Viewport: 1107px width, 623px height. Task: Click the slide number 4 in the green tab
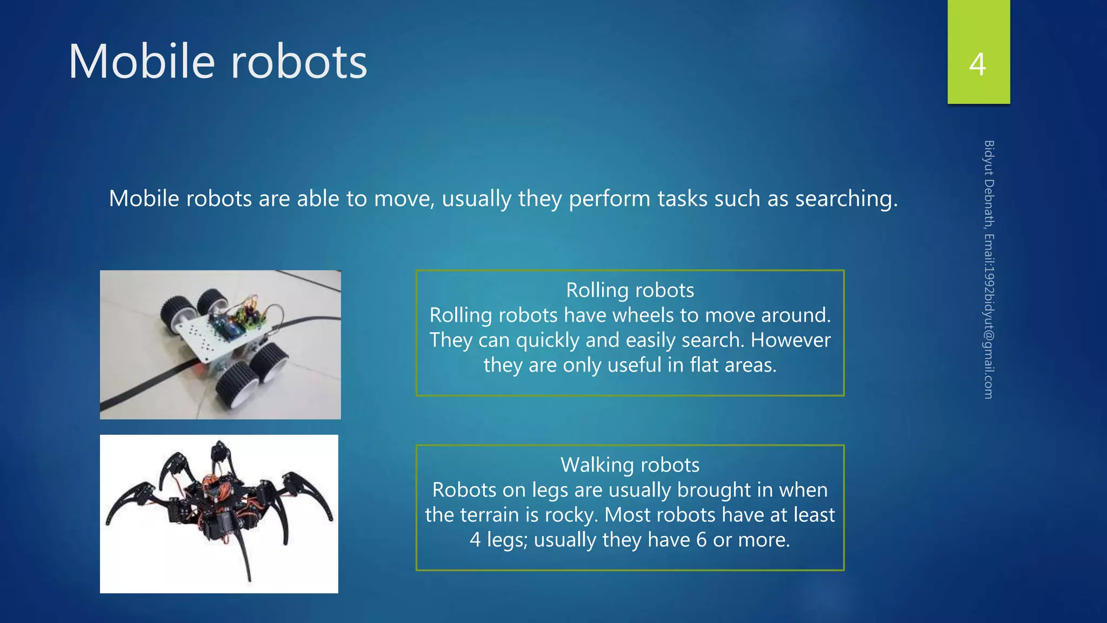pos(977,64)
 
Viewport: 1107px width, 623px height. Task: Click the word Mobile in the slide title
pos(142,62)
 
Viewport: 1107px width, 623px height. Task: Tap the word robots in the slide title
pos(299,62)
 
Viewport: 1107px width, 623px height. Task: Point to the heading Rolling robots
pos(630,290)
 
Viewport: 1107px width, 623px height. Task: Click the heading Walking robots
pos(630,465)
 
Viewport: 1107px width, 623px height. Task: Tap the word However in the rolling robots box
pos(790,340)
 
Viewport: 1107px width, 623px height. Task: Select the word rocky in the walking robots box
pos(571,515)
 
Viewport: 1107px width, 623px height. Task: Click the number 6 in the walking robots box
pos(701,540)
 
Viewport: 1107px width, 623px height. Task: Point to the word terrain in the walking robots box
pos(492,515)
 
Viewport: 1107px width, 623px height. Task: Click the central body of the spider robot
pos(219,498)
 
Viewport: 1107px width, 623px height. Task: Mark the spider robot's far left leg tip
pos(109,521)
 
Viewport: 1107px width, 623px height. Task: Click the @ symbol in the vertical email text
pos(989,335)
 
